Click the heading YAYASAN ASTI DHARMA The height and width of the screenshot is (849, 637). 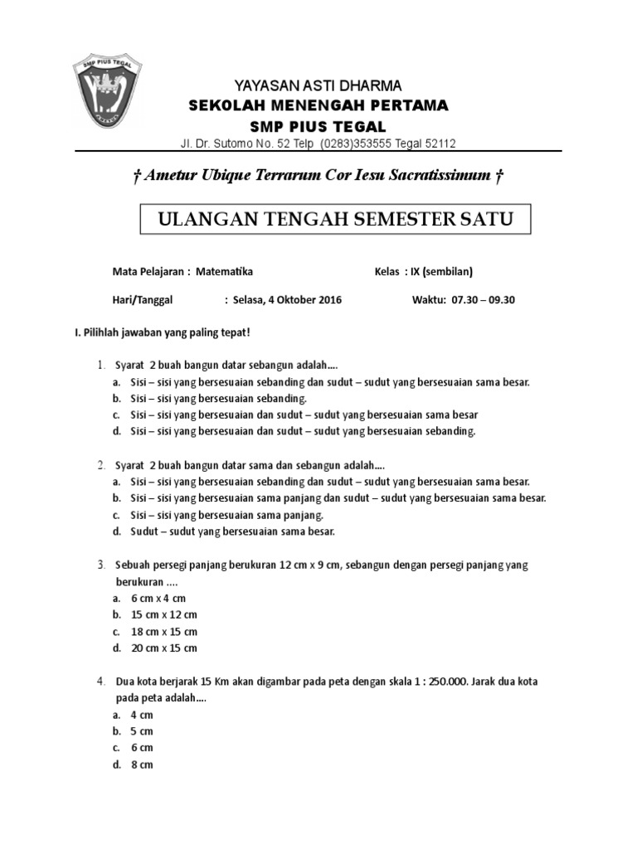pyautogui.click(x=318, y=86)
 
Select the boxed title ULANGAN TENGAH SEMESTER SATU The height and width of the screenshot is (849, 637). pyautogui.click(x=336, y=220)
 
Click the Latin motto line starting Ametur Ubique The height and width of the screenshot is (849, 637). pyautogui.click(x=319, y=176)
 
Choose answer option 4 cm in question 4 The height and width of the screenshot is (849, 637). pyautogui.click(x=142, y=715)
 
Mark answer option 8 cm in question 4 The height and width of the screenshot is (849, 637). pyautogui.click(x=142, y=764)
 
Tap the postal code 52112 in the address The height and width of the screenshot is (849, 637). pyautogui.click(x=440, y=143)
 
